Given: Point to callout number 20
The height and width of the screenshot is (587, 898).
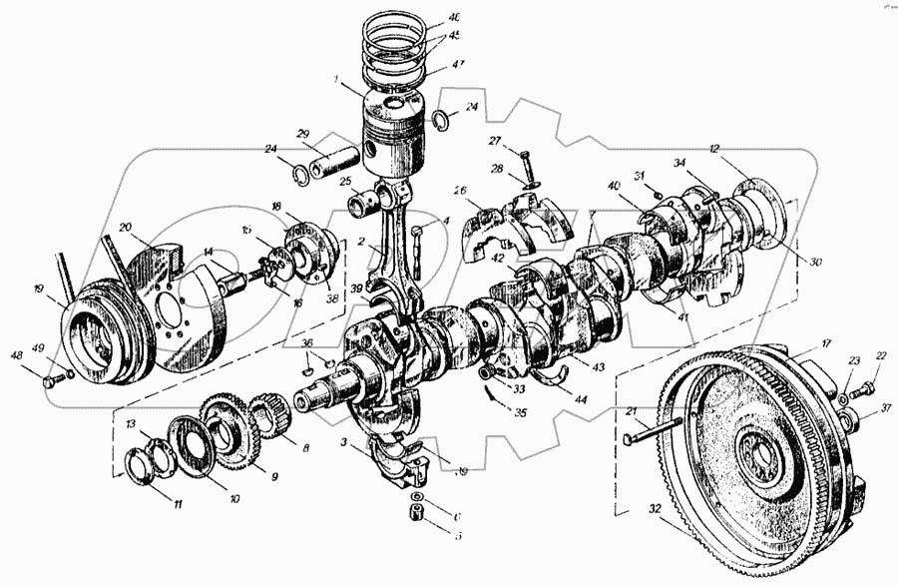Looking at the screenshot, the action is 126,228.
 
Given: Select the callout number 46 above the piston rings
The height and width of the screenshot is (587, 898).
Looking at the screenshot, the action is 455,18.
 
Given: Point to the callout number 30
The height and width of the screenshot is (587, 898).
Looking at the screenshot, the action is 816,262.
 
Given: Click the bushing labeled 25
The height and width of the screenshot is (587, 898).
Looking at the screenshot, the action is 362,203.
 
